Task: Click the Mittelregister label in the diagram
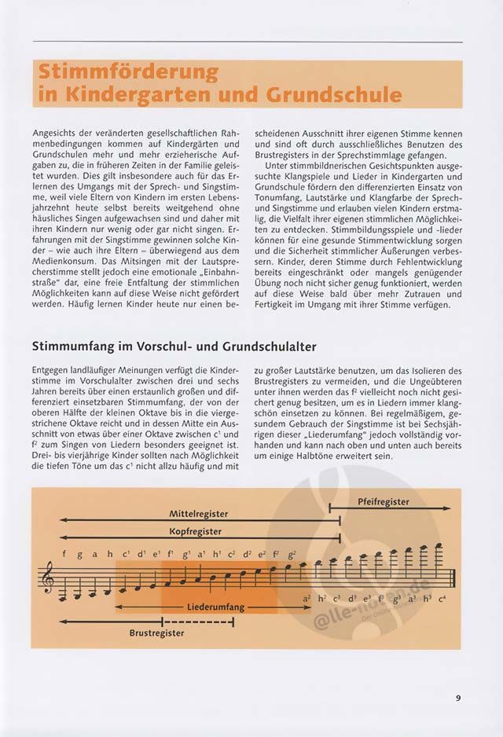[x=199, y=513]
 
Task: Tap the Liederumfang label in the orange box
[x=217, y=607]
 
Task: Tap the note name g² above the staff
[x=292, y=552]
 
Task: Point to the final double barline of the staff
[x=454, y=579]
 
